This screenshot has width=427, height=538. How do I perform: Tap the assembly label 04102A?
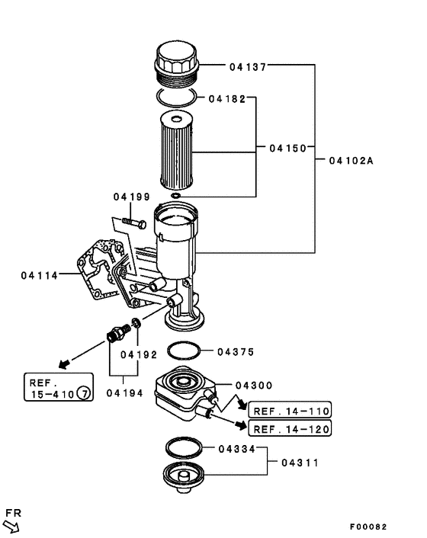coord(352,161)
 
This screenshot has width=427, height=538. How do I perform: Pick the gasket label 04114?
coord(39,274)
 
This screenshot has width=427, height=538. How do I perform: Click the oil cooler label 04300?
coord(254,386)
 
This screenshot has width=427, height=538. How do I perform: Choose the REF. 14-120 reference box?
coord(290,430)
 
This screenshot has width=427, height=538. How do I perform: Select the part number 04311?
coord(300,463)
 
